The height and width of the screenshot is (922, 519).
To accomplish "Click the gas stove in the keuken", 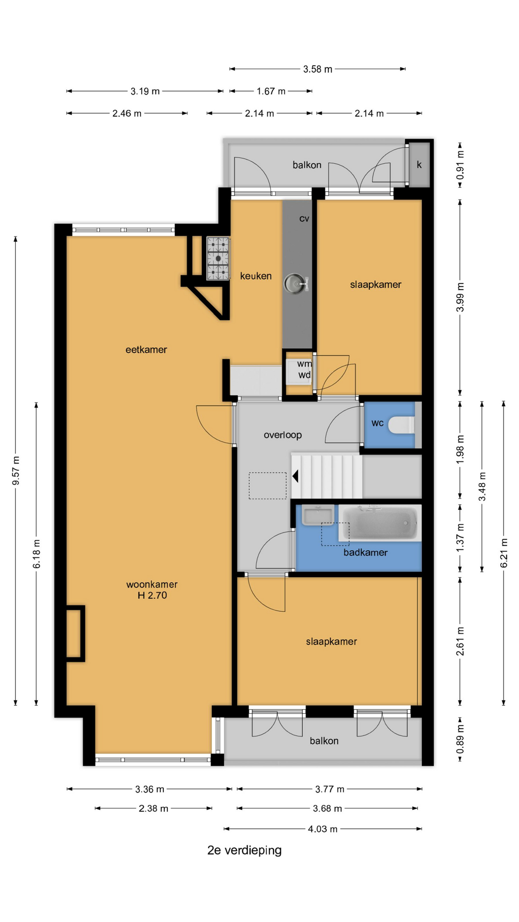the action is (x=218, y=258).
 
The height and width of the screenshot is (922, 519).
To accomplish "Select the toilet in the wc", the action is (x=401, y=425).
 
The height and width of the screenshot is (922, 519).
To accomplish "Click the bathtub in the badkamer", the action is (x=380, y=523).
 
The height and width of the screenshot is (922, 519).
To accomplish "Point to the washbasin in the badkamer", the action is (x=318, y=515).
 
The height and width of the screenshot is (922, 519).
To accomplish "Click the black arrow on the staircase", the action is (x=296, y=476).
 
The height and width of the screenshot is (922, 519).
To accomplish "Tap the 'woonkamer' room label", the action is (x=152, y=584).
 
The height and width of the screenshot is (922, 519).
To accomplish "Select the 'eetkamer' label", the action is (x=146, y=350).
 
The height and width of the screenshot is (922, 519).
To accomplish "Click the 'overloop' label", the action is (x=283, y=435).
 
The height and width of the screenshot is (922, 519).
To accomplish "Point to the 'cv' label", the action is (x=304, y=219).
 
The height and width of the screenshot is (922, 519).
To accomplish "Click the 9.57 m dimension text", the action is (x=16, y=471).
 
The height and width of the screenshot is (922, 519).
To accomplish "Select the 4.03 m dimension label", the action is (x=322, y=829).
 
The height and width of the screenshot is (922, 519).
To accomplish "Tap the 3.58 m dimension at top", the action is (x=318, y=69).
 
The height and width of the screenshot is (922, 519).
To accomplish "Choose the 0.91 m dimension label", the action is (x=460, y=165).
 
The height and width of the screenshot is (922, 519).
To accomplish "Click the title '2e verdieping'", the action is (x=244, y=850).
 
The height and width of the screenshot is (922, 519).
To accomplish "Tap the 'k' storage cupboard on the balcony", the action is (x=419, y=165).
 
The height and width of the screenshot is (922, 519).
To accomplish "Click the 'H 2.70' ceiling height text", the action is (x=152, y=595).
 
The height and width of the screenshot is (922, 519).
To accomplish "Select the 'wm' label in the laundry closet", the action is (x=304, y=364).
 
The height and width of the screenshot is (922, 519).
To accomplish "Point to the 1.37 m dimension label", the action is (x=460, y=537).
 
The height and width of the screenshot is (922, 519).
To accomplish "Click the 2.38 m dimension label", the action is (x=153, y=809).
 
